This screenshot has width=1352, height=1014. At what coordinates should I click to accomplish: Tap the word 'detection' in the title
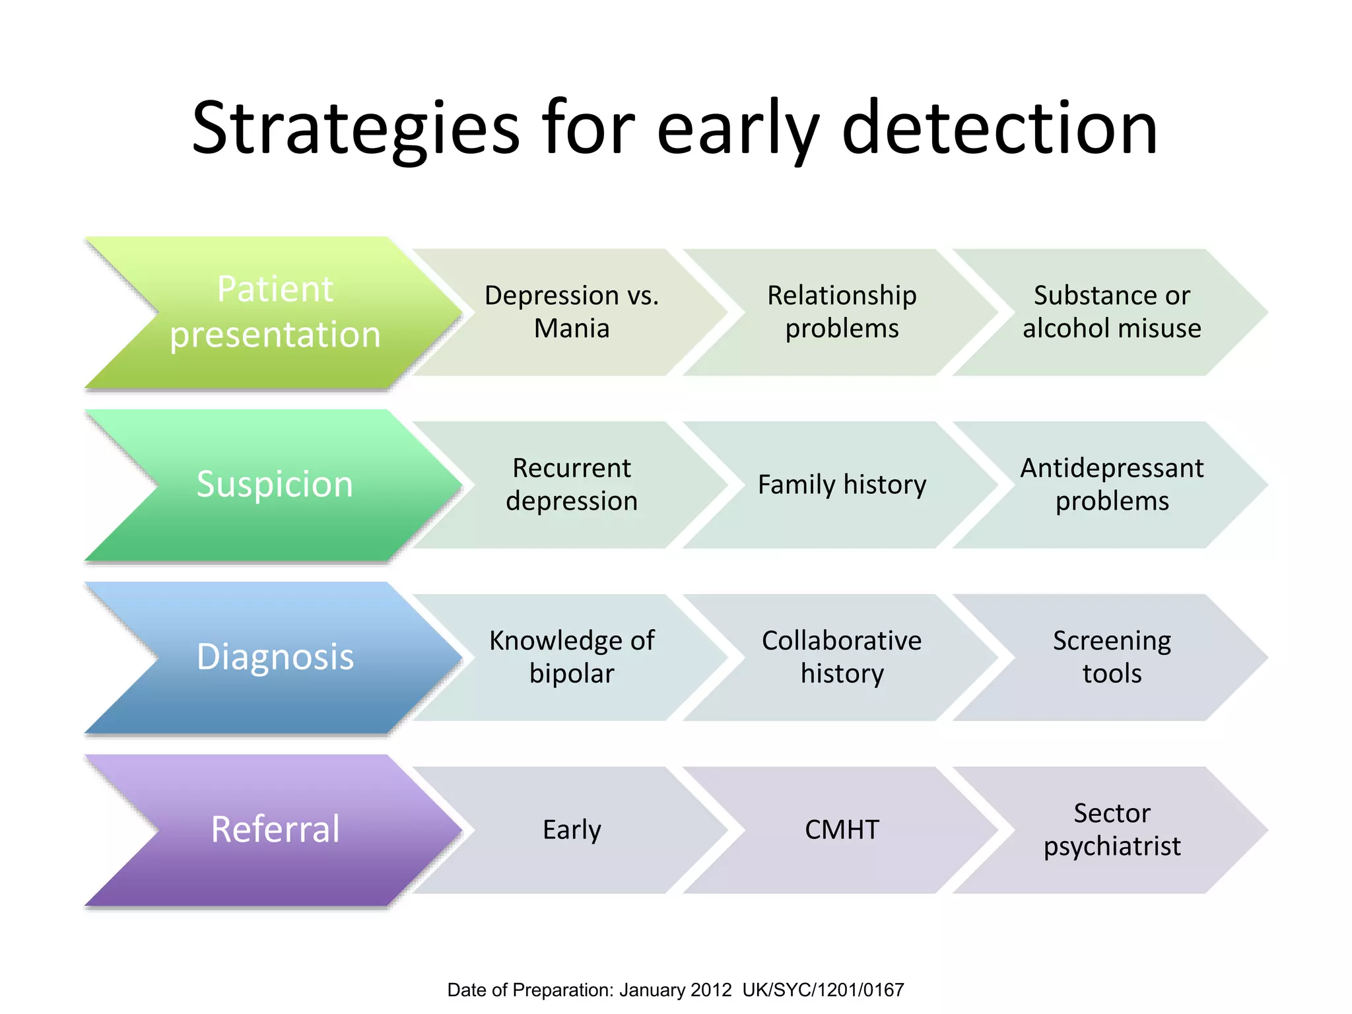click(999, 129)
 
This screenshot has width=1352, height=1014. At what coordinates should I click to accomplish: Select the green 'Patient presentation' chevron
click(275, 312)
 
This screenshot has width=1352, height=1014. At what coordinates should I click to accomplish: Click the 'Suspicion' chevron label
click(275, 484)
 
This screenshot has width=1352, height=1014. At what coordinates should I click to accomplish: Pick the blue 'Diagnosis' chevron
click(275, 657)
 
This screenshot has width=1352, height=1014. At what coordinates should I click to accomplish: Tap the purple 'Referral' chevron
click(275, 829)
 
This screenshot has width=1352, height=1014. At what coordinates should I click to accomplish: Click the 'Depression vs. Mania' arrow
click(572, 312)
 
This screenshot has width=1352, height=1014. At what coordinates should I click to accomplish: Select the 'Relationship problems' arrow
click(842, 312)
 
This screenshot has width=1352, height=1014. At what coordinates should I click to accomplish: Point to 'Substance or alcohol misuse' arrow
click(1112, 312)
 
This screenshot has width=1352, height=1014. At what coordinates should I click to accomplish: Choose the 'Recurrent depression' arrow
click(572, 484)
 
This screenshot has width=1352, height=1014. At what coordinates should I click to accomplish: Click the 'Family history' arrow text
click(842, 485)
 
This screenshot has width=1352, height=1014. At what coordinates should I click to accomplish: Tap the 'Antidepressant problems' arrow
click(1112, 484)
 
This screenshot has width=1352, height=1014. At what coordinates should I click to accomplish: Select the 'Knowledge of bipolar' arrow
click(572, 657)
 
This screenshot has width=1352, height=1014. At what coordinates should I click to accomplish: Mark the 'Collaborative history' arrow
click(842, 657)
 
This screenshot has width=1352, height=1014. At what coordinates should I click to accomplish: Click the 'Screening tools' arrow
click(1112, 657)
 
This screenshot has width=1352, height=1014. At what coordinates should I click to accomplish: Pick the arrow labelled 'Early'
click(572, 830)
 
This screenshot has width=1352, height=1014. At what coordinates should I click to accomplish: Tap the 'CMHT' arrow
click(842, 830)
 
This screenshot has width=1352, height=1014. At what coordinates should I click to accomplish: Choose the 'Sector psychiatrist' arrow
click(1112, 829)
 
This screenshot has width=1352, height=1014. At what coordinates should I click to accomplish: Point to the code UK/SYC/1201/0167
click(823, 990)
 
